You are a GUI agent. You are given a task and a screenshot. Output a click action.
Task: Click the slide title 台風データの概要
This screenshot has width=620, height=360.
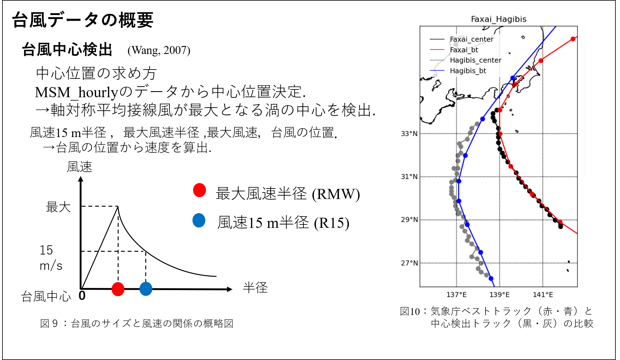click(x=83, y=20)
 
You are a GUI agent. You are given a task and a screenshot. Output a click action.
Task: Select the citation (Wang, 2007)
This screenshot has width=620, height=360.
click(x=159, y=50)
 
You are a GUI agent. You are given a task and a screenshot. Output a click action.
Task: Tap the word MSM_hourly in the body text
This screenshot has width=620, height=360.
click(x=77, y=92)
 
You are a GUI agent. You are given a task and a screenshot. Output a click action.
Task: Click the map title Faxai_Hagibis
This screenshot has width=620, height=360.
click(x=499, y=19)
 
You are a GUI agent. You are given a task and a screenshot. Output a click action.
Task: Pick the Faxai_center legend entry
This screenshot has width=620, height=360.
click(x=471, y=39)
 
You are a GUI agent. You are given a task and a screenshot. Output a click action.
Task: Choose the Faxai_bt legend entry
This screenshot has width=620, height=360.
click(x=464, y=50)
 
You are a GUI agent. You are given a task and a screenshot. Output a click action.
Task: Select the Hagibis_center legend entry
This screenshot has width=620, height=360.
click(x=475, y=60)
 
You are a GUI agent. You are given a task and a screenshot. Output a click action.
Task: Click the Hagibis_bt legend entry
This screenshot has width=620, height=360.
click(x=468, y=71)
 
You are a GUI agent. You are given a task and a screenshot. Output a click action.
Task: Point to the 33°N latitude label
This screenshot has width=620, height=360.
click(x=409, y=134)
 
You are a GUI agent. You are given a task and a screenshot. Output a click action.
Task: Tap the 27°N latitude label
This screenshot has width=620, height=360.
click(x=409, y=263)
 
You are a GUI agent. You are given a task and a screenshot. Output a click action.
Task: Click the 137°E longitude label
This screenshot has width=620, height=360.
click(x=456, y=295)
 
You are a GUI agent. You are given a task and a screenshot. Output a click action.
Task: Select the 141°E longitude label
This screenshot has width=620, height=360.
click(x=543, y=295)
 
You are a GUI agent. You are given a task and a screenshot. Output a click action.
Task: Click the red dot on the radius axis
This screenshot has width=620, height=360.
click(x=118, y=289)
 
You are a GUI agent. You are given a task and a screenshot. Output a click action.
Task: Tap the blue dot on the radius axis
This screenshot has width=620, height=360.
click(x=146, y=289)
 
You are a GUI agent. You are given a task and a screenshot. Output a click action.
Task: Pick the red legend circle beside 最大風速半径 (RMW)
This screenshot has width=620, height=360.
click(x=200, y=190)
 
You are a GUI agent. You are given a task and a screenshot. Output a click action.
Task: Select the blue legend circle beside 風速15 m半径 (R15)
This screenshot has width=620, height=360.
click(x=199, y=220)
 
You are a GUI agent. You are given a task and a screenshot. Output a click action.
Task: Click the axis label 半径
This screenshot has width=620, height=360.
click(x=255, y=288)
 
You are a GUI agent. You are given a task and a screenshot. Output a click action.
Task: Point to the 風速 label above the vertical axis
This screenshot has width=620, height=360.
click(x=79, y=167)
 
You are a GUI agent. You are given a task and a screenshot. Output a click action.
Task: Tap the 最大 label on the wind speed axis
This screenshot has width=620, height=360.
click(x=58, y=207)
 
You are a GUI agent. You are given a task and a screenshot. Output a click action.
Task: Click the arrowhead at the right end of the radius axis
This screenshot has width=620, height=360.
click(x=230, y=289)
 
